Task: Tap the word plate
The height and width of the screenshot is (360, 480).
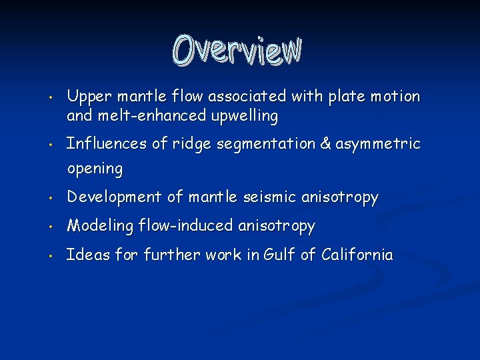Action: pos(345,97)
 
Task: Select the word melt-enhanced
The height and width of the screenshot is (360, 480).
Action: pos(150,116)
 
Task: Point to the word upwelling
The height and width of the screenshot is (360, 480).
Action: pos(244,117)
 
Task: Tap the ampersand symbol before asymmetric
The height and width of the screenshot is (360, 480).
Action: pos(326,144)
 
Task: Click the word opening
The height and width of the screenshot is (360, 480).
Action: pos(95,169)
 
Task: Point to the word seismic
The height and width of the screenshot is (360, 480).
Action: pos(269,197)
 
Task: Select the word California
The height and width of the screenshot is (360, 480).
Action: pos(357,255)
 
